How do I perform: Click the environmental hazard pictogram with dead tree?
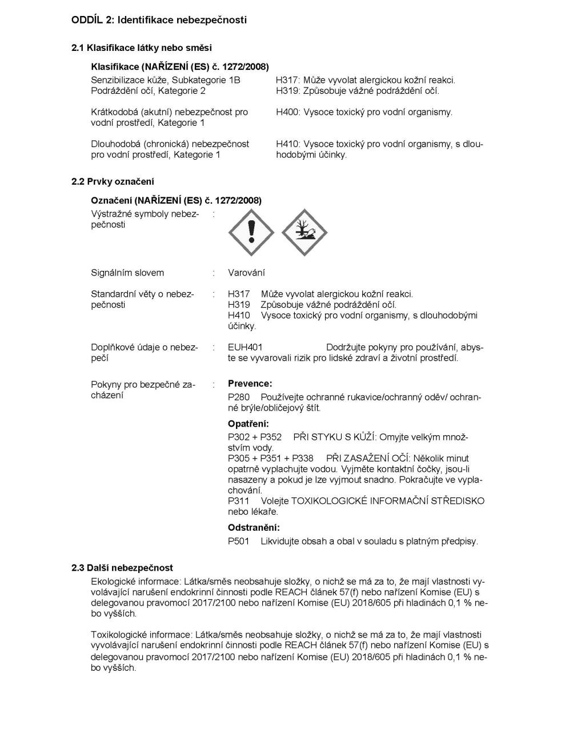click(x=304, y=233)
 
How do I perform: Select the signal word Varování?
click(x=246, y=273)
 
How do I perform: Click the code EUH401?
click(x=245, y=347)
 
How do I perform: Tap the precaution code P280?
click(x=239, y=397)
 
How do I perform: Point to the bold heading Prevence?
click(x=250, y=384)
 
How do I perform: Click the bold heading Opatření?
click(x=248, y=424)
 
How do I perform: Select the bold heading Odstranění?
click(x=254, y=527)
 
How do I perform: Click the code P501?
click(x=239, y=541)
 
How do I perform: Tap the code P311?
click(x=238, y=501)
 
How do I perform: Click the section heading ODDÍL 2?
click(x=159, y=20)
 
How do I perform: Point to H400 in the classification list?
click(x=287, y=112)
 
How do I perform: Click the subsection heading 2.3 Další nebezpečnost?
click(x=122, y=568)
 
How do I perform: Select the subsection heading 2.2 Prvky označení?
click(x=113, y=182)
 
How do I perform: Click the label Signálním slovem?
click(x=127, y=273)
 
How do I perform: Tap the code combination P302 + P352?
click(x=255, y=437)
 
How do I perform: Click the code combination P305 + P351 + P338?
click(x=270, y=458)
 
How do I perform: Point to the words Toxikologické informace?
click(x=141, y=634)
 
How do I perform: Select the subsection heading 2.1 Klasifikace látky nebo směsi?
click(x=142, y=48)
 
